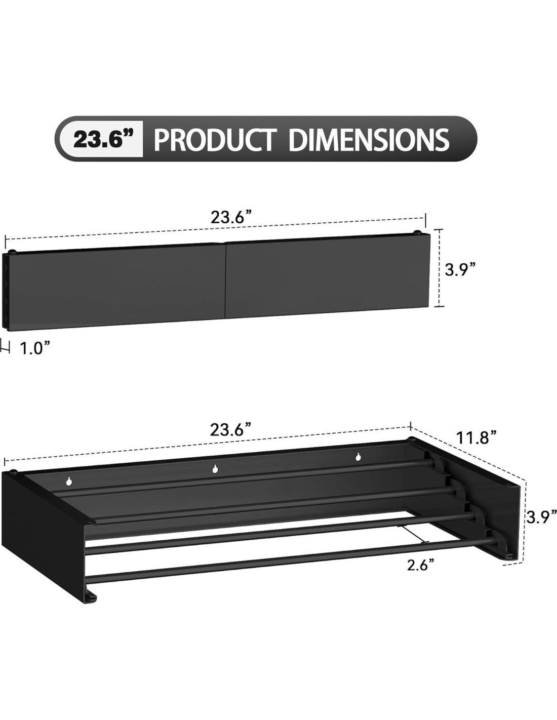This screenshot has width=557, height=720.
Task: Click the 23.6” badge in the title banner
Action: [100, 140]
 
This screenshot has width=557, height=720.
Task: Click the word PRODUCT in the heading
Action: [215, 140]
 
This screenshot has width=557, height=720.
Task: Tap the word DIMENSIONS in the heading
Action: [369, 140]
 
